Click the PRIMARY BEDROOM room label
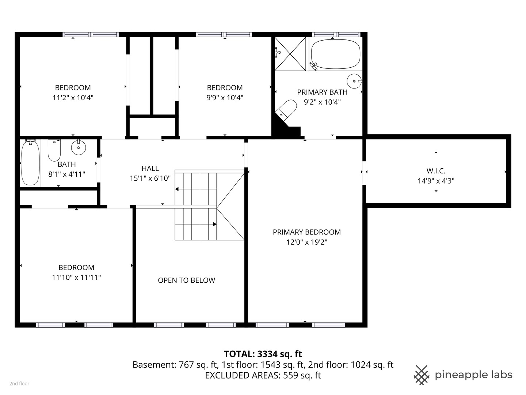pyautogui.click(x=307, y=232)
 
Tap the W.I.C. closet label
pyautogui.click(x=436, y=171)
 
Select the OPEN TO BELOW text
pyautogui.click(x=186, y=281)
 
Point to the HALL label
pyautogui.click(x=150, y=168)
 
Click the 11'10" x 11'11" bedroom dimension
pyautogui.click(x=76, y=278)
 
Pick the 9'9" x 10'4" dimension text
pyautogui.click(x=225, y=98)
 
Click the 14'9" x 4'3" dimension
pyautogui.click(x=436, y=181)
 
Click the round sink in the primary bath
pyautogui.click(x=354, y=81)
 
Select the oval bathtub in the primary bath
pyautogui.click(x=335, y=54)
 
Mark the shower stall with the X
pyautogui.click(x=290, y=54)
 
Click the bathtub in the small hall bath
pyautogui.click(x=30, y=163)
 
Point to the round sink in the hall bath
pyautogui.click(x=79, y=147)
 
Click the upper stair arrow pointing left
pyautogui.click(x=196, y=189)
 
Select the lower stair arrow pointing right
pyautogui.click(x=196, y=224)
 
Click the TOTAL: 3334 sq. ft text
pyautogui.click(x=263, y=354)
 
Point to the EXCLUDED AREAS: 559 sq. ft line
pyautogui.click(x=263, y=375)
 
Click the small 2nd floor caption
pyautogui.click(x=19, y=384)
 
